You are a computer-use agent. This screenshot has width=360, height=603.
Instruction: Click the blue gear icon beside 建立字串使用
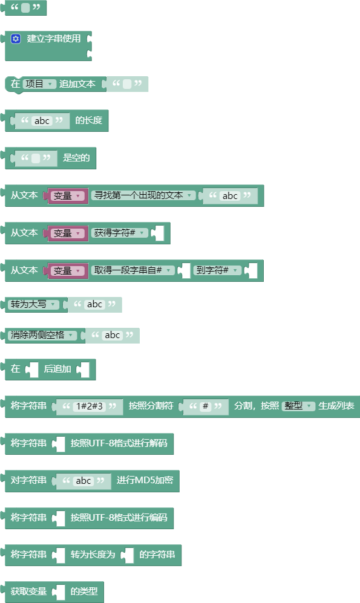16,39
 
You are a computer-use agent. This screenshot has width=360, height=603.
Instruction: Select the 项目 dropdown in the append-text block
39,84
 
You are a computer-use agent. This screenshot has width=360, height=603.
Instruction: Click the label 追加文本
77,84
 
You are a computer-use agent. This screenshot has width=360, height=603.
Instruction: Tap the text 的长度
89,120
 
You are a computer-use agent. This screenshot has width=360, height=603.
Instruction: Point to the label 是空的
77,158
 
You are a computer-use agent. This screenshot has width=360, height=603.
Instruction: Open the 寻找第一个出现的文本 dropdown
143,195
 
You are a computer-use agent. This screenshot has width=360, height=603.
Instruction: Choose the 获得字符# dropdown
119,233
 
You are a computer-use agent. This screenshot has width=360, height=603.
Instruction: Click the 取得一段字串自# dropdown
133,270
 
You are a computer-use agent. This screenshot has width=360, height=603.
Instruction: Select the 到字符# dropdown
217,270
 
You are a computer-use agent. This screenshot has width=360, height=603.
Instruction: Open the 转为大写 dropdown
33,304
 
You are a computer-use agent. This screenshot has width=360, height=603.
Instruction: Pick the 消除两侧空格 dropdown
42,335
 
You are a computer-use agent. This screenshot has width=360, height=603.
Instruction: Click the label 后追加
57,369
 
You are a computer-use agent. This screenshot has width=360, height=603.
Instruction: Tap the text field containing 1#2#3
89,406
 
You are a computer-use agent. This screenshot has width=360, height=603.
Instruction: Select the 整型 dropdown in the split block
298,406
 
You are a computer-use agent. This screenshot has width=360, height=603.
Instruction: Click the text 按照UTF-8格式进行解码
119,443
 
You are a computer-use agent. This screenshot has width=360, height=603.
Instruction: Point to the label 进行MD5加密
145,480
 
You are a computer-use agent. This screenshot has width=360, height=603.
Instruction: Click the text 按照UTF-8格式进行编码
119,518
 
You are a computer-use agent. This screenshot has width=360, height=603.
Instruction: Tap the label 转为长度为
93,555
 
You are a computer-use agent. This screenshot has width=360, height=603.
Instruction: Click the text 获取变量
28,592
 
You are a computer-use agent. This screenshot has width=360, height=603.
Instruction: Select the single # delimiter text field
205,406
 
